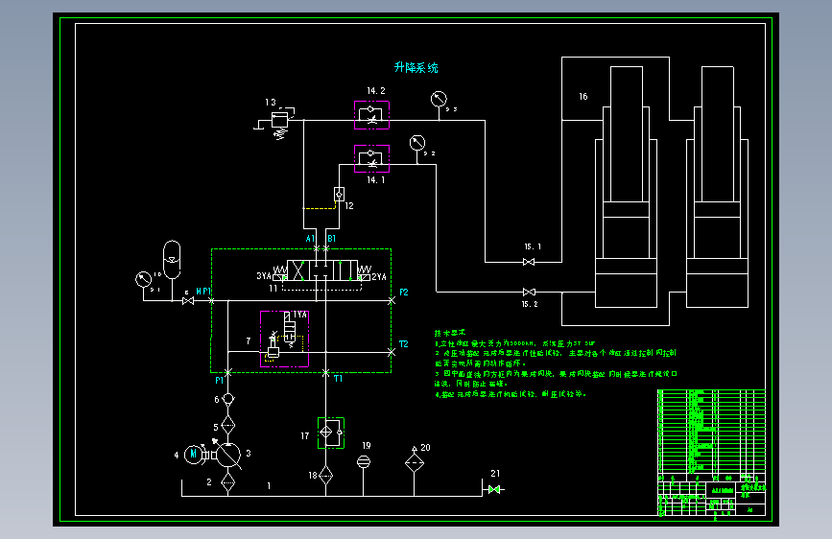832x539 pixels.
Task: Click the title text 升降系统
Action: tap(416, 68)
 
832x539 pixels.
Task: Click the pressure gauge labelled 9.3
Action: tap(439, 98)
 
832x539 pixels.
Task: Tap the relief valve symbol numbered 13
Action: tap(279, 120)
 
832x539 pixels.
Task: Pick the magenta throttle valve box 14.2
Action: tap(369, 116)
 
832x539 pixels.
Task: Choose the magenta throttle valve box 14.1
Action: tap(369, 156)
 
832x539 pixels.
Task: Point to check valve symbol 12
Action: tap(340, 194)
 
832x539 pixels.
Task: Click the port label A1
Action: tap(311, 238)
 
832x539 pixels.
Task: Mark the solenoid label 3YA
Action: tap(263, 276)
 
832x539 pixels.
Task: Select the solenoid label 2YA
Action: tap(379, 276)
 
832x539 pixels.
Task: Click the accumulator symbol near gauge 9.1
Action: tap(172, 252)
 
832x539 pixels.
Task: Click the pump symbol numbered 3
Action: tap(227, 454)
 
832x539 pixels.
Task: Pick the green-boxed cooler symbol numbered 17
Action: tap(331, 434)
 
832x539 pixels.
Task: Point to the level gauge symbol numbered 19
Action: tap(365, 462)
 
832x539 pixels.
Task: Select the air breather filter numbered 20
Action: tap(414, 462)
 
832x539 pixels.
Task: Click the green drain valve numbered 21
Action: tap(494, 489)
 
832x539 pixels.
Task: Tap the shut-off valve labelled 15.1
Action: tap(528, 261)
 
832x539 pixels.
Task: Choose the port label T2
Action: tap(403, 343)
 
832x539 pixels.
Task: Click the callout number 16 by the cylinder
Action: tap(582, 97)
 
